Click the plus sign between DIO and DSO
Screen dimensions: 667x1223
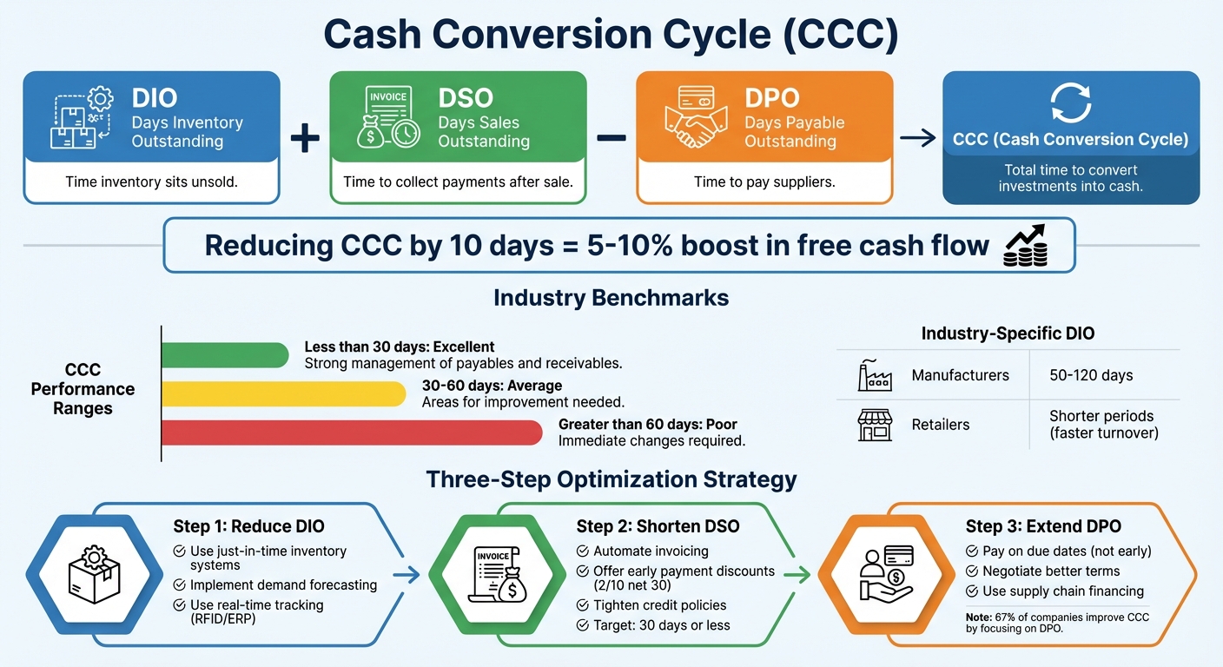click(304, 139)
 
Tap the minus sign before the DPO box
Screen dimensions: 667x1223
click(611, 138)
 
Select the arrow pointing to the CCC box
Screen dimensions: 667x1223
click(917, 138)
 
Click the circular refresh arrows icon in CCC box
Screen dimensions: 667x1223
click(1070, 102)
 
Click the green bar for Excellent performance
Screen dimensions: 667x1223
click(225, 354)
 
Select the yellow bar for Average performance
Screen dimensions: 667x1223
click(284, 393)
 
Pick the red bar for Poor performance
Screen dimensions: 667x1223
click(352, 433)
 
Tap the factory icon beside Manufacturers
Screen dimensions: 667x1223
click(874, 376)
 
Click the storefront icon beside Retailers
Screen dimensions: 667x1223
click(874, 425)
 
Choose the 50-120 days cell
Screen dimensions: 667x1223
click(1091, 376)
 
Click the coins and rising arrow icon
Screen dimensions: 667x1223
click(1026, 246)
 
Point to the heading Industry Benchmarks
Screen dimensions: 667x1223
click(611, 298)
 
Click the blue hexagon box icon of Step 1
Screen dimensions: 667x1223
click(94, 573)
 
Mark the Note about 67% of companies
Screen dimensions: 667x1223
click(1057, 623)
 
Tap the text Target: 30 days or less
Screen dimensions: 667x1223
click(661, 625)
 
